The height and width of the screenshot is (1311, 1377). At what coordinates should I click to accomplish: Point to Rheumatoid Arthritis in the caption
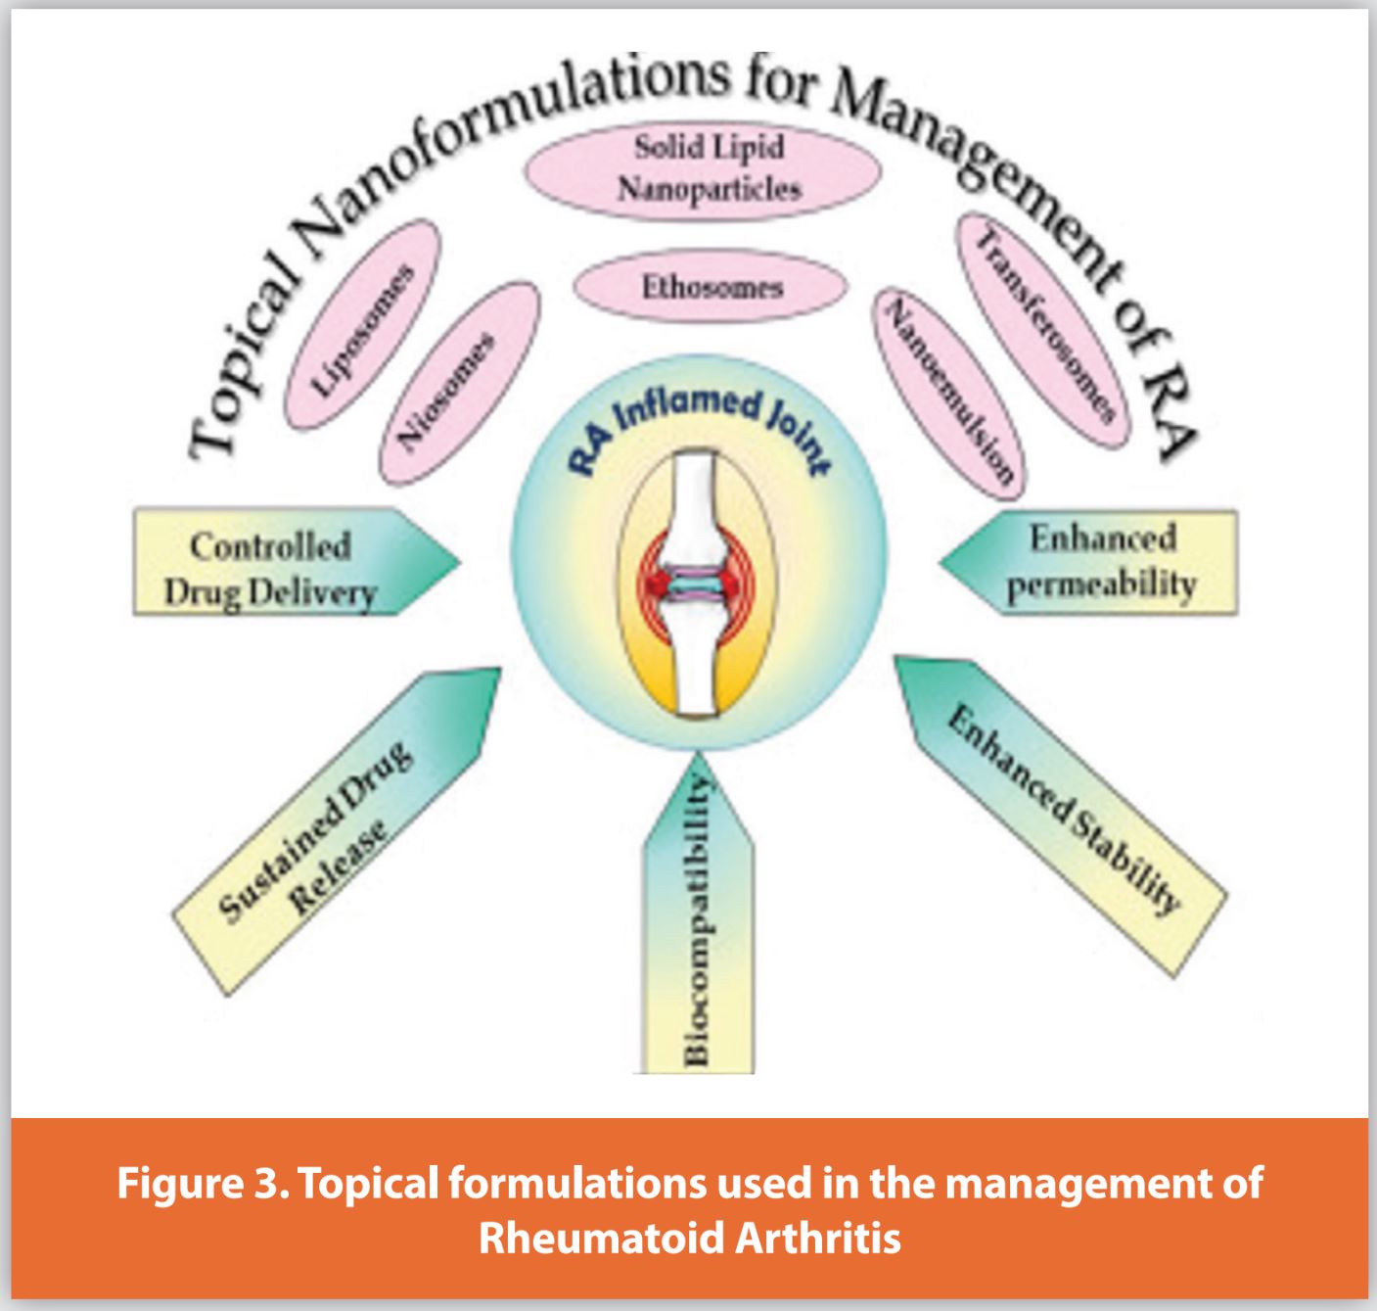[x=689, y=1239]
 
